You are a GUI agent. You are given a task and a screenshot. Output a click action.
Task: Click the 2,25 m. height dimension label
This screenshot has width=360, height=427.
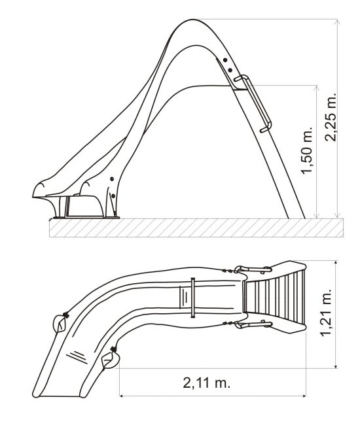(331, 117)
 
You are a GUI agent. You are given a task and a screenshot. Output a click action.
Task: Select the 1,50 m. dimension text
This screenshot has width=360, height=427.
(306, 150)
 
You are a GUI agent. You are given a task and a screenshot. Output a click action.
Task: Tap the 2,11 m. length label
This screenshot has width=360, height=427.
(207, 383)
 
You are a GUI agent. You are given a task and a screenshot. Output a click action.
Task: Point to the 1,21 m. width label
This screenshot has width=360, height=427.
(326, 313)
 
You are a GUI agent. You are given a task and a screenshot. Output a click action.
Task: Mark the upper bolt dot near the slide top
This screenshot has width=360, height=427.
(225, 60)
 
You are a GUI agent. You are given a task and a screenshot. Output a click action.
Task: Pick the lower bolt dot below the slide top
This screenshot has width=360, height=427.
(230, 70)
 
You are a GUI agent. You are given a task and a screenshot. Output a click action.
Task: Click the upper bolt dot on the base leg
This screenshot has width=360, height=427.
(112, 179)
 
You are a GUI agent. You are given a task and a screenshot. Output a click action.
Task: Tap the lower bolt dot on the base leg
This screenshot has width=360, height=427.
(113, 196)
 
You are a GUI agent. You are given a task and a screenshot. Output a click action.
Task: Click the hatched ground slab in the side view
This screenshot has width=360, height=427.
(196, 228)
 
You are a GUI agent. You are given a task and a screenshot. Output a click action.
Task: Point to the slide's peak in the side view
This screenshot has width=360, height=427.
(192, 20)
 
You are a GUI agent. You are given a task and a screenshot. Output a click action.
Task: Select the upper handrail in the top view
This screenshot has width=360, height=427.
(253, 269)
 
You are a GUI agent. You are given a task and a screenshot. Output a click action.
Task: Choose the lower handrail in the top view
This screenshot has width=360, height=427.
(253, 324)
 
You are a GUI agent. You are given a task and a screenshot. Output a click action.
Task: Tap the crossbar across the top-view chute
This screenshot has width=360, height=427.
(193, 298)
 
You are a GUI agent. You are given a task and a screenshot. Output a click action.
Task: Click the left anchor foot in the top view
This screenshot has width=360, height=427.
(60, 324)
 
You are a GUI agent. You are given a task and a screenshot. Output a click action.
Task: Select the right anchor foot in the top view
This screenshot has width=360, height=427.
(111, 358)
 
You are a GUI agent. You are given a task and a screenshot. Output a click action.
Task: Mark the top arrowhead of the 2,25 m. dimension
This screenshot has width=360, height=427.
(338, 22)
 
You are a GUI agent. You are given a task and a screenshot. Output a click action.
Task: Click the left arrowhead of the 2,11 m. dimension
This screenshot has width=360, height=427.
(122, 396)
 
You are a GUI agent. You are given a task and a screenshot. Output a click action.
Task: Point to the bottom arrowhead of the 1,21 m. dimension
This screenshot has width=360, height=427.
(336, 366)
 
